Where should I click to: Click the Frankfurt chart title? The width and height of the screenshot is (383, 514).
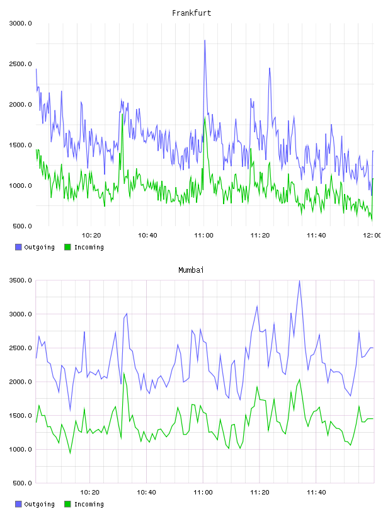pyautogui.click(x=191, y=13)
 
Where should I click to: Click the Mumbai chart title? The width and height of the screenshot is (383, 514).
pyautogui.click(x=191, y=270)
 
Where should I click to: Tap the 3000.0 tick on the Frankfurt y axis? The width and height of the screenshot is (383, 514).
pyautogui.click(x=20, y=23)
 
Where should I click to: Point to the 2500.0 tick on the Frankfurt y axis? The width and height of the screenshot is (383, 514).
pyautogui.click(x=20, y=64)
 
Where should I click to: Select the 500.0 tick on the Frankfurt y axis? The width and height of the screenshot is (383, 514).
pyautogui.click(x=22, y=226)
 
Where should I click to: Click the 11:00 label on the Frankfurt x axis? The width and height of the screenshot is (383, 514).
pyautogui.click(x=203, y=236)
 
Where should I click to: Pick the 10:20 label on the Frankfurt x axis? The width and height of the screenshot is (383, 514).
pyautogui.click(x=91, y=236)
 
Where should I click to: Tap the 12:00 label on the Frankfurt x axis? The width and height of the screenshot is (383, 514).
pyautogui.click(x=372, y=236)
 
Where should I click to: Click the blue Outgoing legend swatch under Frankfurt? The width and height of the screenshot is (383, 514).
pyautogui.click(x=18, y=247)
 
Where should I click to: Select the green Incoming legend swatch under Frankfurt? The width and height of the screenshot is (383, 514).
pyautogui.click(x=67, y=247)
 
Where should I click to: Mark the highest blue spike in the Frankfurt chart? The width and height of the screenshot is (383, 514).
pyautogui.click(x=205, y=41)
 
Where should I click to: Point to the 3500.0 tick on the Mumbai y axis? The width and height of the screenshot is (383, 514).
pyautogui.click(x=20, y=280)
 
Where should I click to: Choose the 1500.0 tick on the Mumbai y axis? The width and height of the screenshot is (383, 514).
pyautogui.click(x=20, y=416)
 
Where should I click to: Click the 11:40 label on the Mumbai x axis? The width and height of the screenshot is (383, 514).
pyautogui.click(x=316, y=493)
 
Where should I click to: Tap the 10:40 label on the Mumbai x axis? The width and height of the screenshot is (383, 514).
pyautogui.click(x=146, y=493)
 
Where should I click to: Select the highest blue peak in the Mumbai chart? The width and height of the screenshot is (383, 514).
pyautogui.click(x=299, y=281)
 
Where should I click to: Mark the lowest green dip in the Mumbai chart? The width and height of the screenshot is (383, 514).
pyautogui.click(x=70, y=453)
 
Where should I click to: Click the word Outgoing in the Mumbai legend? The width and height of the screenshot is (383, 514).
pyautogui.click(x=39, y=504)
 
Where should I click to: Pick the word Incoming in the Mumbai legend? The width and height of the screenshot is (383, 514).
pyautogui.click(x=89, y=504)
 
